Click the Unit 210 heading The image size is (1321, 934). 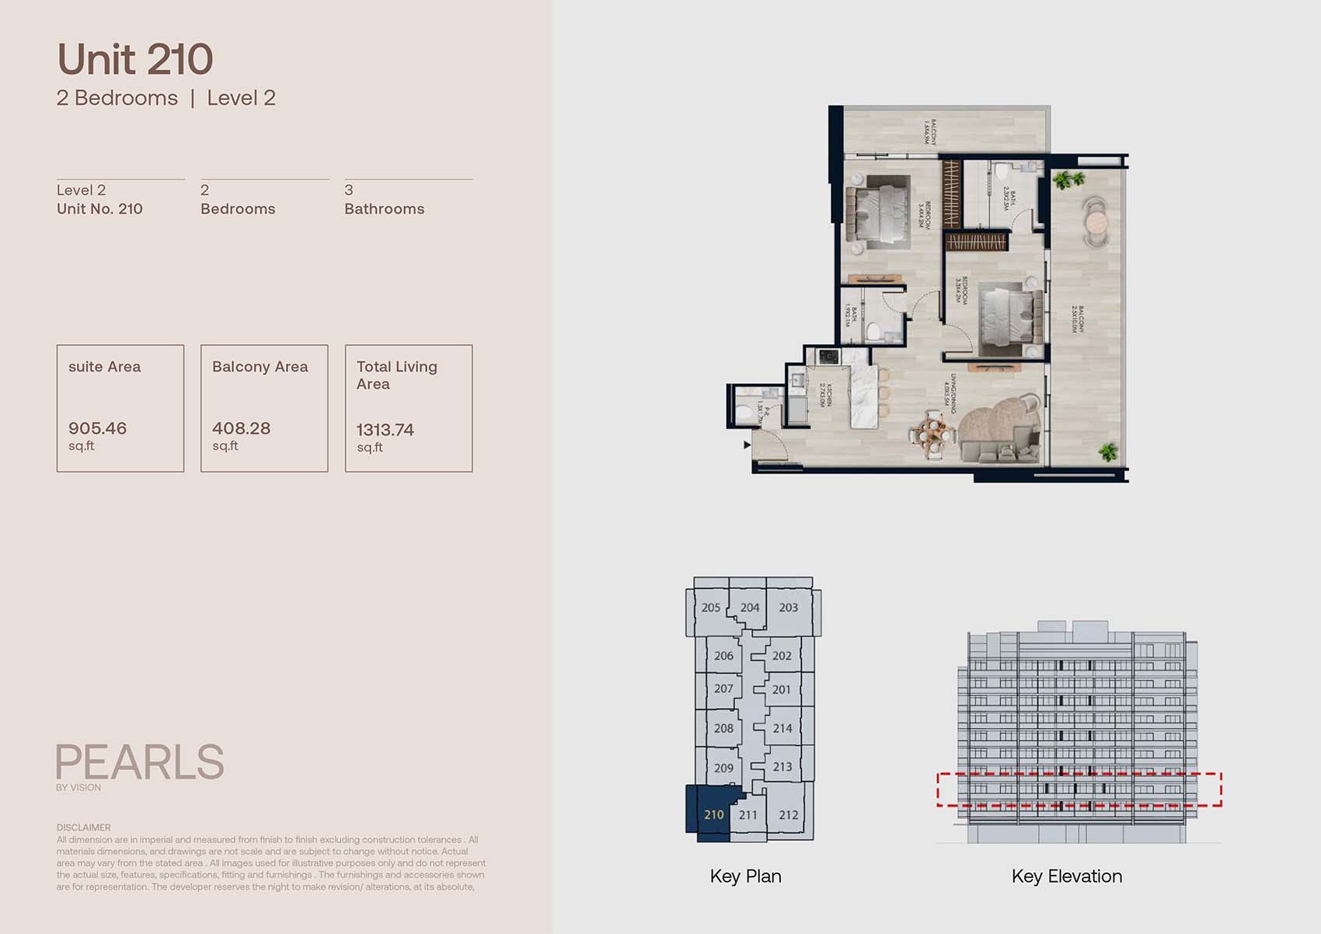click(x=135, y=60)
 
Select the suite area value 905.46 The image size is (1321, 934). click(x=97, y=428)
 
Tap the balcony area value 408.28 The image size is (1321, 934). click(x=241, y=428)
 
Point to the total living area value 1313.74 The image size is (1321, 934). click(x=385, y=430)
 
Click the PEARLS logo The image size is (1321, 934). click(x=140, y=762)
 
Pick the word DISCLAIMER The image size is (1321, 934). click(x=83, y=828)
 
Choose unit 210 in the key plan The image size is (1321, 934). click(x=713, y=814)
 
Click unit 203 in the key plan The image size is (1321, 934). click(x=788, y=608)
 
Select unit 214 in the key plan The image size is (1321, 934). click(x=782, y=728)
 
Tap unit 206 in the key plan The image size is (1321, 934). click(x=723, y=656)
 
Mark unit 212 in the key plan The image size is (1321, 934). click(x=788, y=815)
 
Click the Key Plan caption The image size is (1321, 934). click(x=745, y=876)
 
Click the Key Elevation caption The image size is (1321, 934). click(x=1066, y=876)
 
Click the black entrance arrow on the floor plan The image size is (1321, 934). click(x=747, y=445)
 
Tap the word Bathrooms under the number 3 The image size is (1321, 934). click(x=384, y=209)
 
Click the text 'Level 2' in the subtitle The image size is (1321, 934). click(x=241, y=98)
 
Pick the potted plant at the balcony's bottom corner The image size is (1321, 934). click(x=1107, y=451)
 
